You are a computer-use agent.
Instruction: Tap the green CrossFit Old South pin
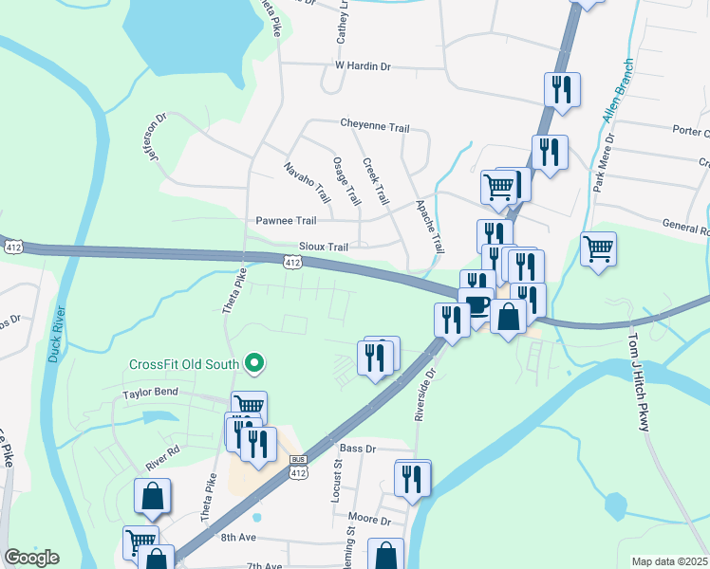pos(253,362)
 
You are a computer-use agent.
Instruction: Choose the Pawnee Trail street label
pos(286,220)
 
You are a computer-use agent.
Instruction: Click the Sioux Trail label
pos(325,247)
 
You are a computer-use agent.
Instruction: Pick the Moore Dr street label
pos(370,521)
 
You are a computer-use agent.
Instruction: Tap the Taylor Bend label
pos(151,394)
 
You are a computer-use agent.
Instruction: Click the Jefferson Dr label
pos(155,138)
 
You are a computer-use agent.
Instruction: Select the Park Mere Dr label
pos(604,162)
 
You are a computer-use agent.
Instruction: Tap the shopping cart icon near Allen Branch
pos(598,250)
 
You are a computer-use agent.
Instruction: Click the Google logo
pos(31,558)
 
